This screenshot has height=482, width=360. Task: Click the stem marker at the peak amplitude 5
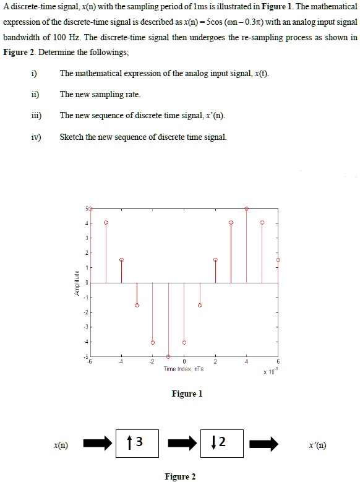pyautogui.click(x=247, y=209)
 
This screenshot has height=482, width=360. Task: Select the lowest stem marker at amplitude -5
pyautogui.click(x=168, y=356)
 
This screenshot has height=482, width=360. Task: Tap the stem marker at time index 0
pyautogui.click(x=184, y=342)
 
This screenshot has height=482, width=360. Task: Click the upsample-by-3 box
pyautogui.click(x=138, y=443)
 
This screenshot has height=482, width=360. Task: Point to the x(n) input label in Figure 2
pyautogui.click(x=60, y=445)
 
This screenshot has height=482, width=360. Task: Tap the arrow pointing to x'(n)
pyautogui.click(x=264, y=444)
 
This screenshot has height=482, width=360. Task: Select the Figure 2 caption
pyautogui.click(x=180, y=476)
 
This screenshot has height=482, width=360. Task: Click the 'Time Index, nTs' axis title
pyautogui.click(x=184, y=369)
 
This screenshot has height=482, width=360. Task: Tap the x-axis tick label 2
pyautogui.click(x=215, y=362)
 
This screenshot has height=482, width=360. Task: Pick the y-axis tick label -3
pyautogui.click(x=87, y=327)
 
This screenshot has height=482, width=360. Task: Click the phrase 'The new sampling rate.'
pyautogui.click(x=100, y=95)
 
